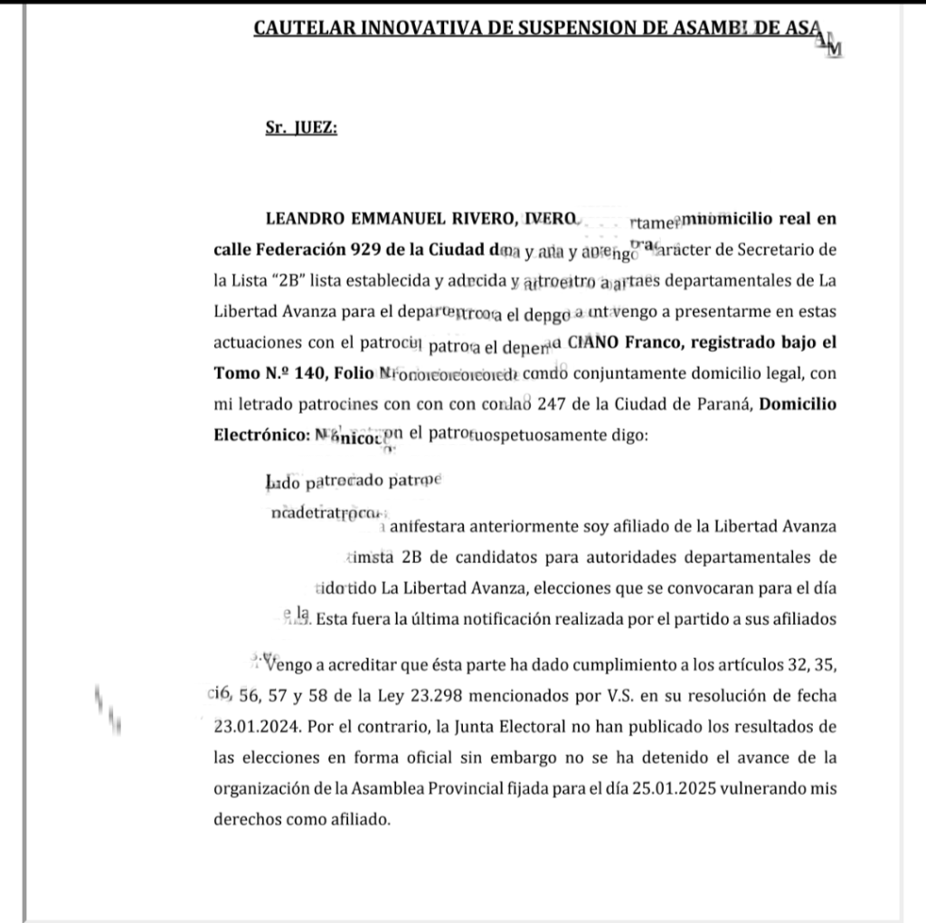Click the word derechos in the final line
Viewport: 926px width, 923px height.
[245, 818]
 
